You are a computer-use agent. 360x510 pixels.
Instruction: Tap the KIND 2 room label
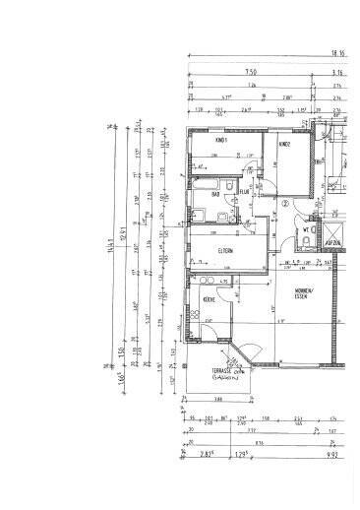pos(284,145)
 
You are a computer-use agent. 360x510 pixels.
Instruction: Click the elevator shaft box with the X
pos(334,232)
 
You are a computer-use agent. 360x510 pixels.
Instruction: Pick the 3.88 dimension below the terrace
pos(215,399)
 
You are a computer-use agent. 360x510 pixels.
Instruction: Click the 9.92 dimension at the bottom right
pos(332,455)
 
